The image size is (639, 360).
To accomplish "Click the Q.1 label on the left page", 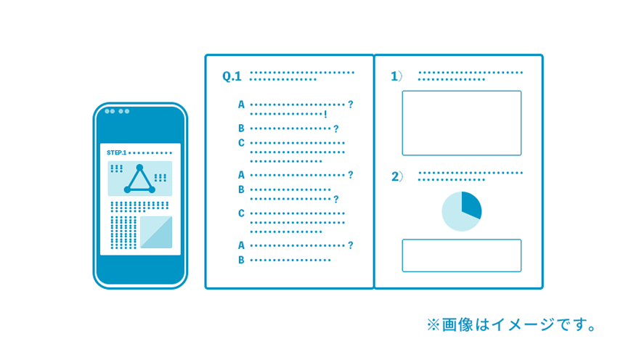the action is coord(232,76).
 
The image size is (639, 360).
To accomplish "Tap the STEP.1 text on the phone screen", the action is coord(117,152).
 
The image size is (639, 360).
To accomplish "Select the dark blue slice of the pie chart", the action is coord(471,205).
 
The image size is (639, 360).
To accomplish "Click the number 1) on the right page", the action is coord(396,76).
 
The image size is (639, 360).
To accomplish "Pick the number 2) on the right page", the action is coord(396,176).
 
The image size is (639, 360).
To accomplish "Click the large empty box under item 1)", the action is coord(461,123).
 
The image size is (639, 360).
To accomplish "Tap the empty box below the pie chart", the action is coord(461,255).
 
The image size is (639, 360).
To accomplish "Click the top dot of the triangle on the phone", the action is coord(139,168).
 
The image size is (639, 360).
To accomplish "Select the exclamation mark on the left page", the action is coord(325,115).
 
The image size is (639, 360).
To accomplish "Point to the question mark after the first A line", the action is coord(351,105).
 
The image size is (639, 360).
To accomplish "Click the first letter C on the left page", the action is coord(241,143).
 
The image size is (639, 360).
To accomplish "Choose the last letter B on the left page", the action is coord(241,260).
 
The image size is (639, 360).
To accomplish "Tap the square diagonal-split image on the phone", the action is coord(156,232).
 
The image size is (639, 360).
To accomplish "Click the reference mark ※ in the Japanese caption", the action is coord(433,324).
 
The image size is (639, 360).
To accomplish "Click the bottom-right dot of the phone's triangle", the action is coord(152,189).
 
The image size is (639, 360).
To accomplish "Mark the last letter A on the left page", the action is coord(241,245).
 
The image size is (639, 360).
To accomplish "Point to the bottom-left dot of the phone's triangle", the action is coord(127,189).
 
